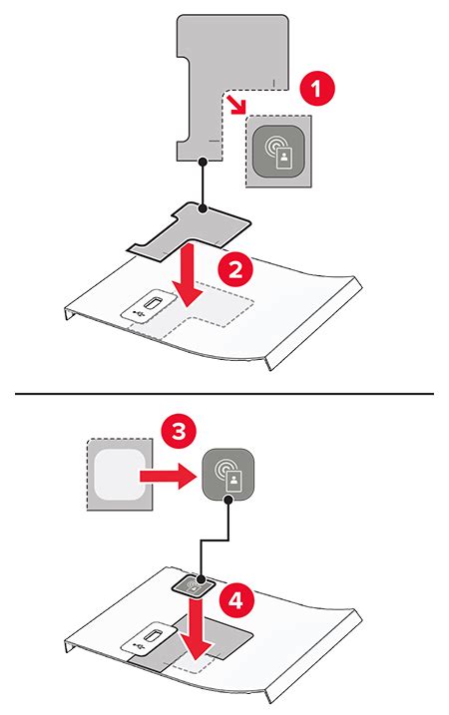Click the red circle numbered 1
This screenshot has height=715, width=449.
[x=316, y=90]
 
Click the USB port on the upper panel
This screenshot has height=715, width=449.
[x=151, y=304]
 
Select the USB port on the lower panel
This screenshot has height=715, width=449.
[x=151, y=638]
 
